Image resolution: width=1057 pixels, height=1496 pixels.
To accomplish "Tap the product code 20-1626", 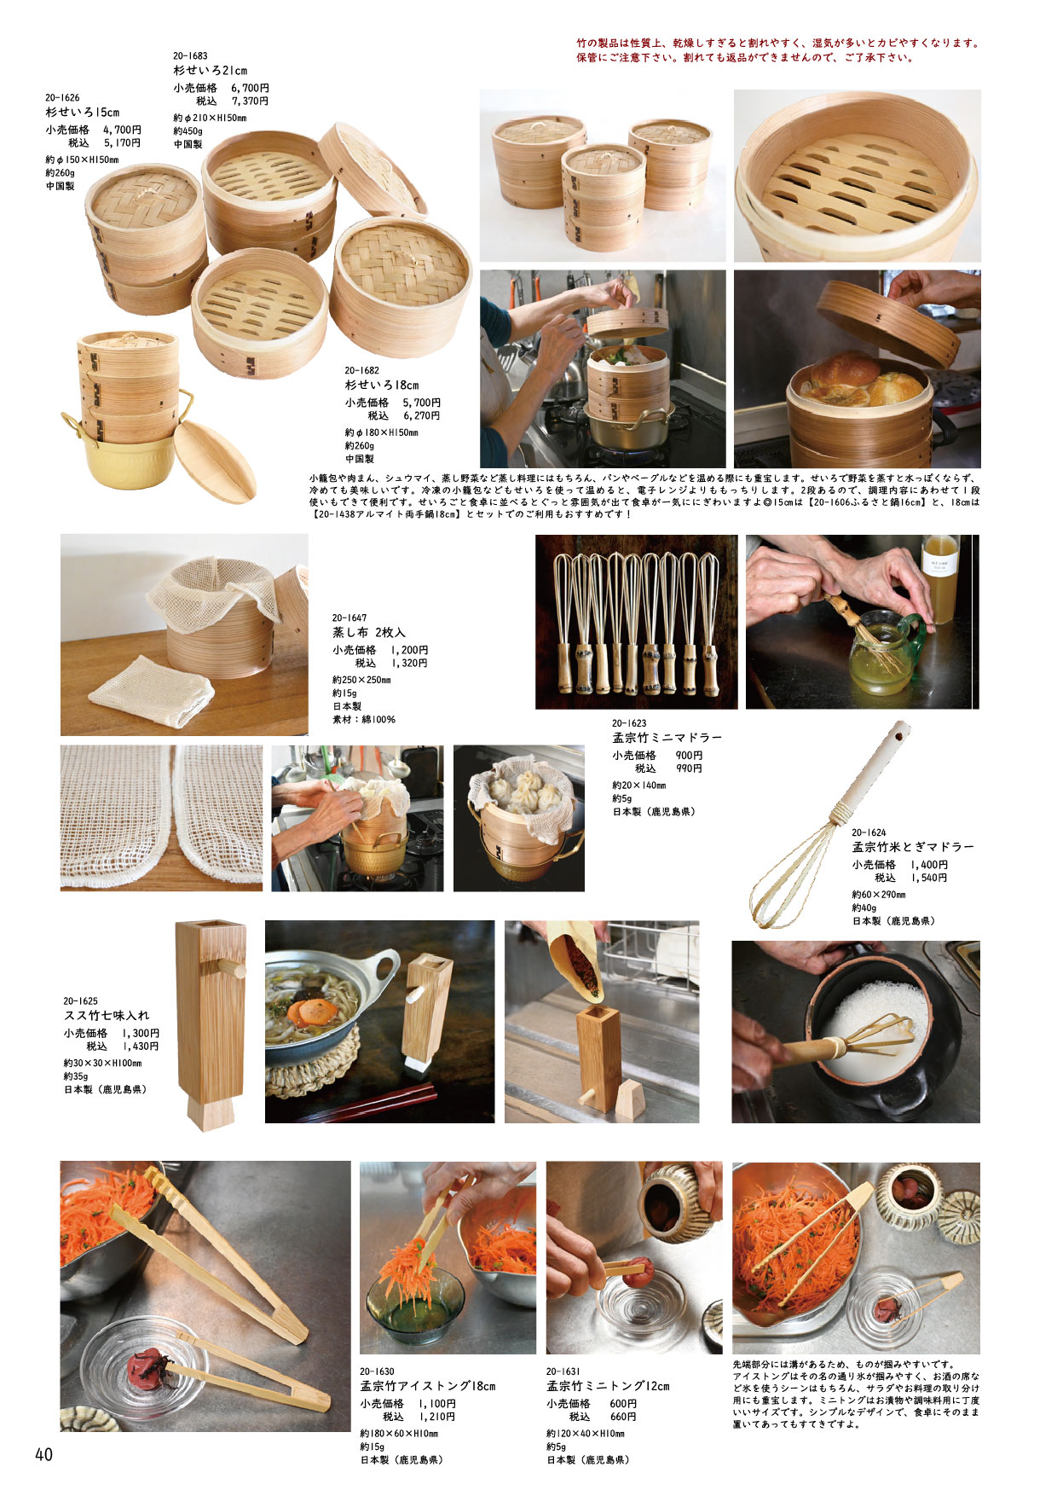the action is click(x=62, y=98).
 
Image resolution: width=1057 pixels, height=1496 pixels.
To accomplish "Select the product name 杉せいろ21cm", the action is click(x=211, y=71).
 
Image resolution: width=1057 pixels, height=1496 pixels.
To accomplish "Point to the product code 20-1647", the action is click(x=349, y=618).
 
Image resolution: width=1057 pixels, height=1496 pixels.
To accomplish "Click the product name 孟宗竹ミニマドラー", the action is click(x=667, y=738).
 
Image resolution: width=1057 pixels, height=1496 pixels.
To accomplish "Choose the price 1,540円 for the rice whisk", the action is click(x=928, y=878).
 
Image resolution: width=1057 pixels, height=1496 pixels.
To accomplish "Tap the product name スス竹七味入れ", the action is click(x=107, y=1015).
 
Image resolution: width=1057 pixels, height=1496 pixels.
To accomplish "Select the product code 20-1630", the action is click(x=377, y=1372).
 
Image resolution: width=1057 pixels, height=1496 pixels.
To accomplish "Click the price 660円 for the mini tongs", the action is click(x=624, y=1417).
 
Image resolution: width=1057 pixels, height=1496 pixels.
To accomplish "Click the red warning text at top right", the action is click(x=777, y=50).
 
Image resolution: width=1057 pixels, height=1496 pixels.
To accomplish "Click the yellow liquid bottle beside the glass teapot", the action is click(x=940, y=579).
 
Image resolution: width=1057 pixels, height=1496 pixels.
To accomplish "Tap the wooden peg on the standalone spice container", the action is click(x=231, y=968).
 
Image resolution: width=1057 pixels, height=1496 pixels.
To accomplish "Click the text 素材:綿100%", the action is click(x=363, y=720).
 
